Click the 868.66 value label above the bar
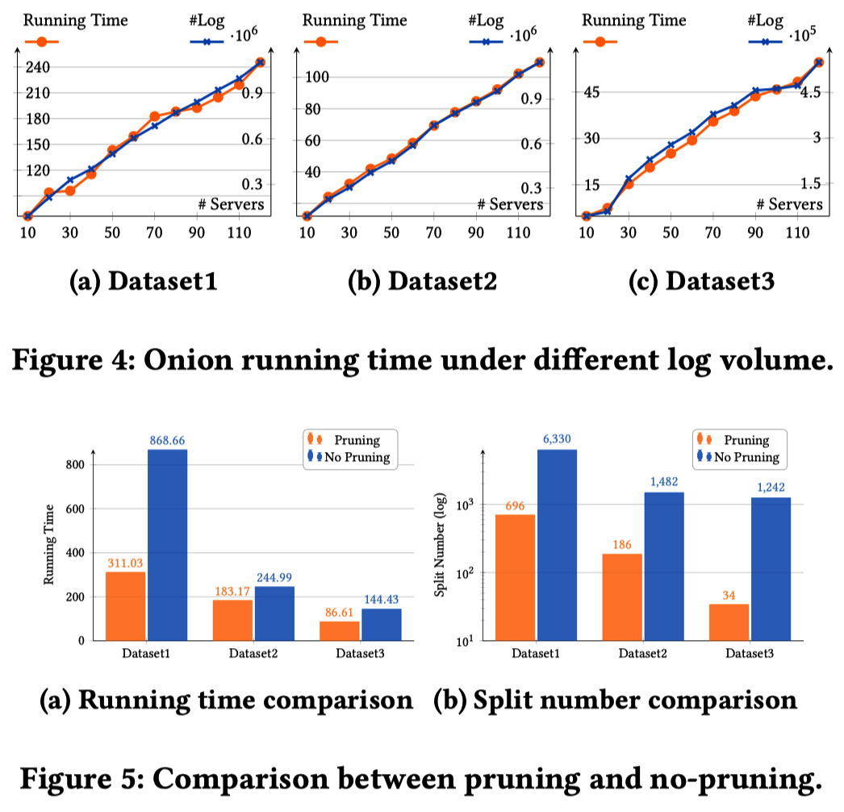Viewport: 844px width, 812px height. pyautogui.click(x=167, y=441)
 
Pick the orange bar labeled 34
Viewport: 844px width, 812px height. pyautogui.click(x=729, y=622)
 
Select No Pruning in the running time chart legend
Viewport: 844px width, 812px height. pyautogui.click(x=356, y=457)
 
